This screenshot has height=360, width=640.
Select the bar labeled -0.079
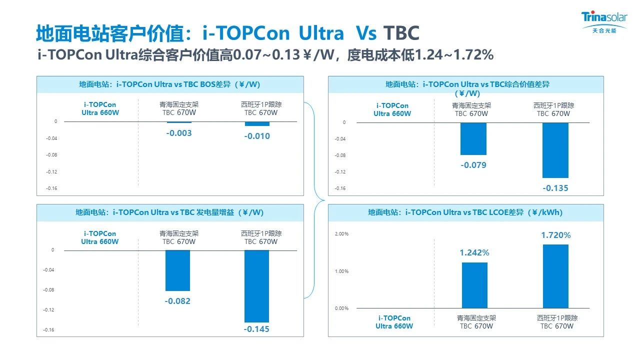(473, 138)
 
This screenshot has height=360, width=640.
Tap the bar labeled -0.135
(555, 150)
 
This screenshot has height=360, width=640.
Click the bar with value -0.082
(177, 270)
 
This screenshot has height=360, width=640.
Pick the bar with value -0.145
(256, 285)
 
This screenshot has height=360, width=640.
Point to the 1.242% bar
(474, 285)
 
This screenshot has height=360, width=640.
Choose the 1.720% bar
(555, 276)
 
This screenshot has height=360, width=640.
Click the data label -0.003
(179, 133)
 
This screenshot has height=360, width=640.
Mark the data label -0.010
(257, 136)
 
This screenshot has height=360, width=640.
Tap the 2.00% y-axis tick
(341, 234)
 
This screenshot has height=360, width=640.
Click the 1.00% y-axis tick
(341, 271)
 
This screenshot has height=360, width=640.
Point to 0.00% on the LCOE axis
(341, 308)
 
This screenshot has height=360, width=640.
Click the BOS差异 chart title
(170, 84)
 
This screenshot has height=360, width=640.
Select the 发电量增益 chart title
(170, 212)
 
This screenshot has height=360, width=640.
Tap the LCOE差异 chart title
(465, 212)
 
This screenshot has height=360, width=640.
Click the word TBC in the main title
(401, 33)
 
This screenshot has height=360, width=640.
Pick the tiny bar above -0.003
(179, 122)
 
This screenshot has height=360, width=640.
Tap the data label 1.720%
(555, 235)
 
